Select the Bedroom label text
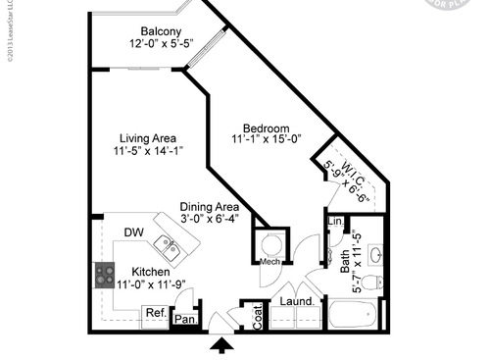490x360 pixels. [267, 129]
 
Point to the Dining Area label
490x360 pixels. [210, 207]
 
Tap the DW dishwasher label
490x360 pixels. [134, 232]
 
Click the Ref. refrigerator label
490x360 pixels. [155, 314]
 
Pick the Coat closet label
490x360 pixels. [259, 314]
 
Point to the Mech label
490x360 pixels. [270, 262]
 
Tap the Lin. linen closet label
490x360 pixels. [334, 223]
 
